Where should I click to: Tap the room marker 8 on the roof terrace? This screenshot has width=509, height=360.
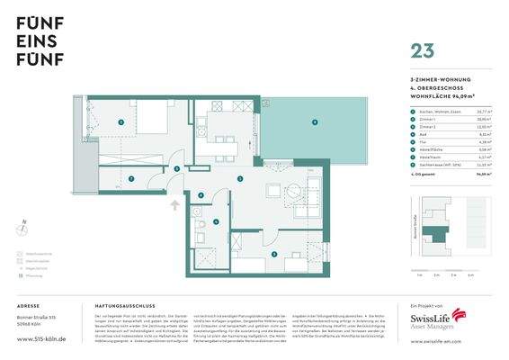pyautogui.click(x=314, y=121)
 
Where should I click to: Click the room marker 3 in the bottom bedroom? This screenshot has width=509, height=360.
pyautogui.click(x=274, y=255)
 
